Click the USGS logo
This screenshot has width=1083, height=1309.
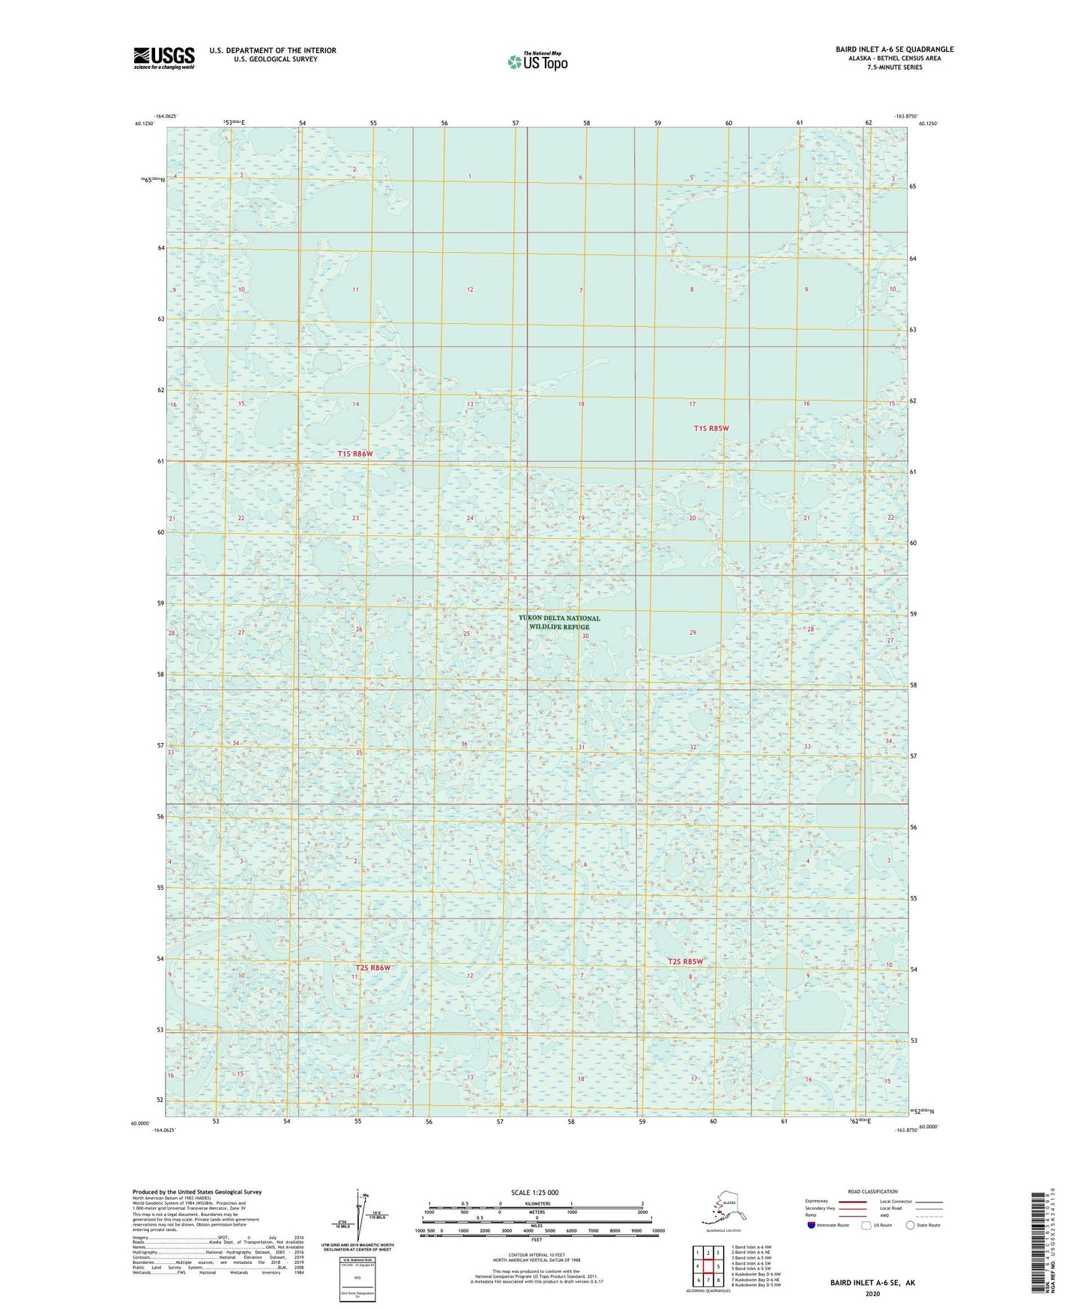tap(163, 58)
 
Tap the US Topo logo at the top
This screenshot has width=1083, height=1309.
tap(537, 61)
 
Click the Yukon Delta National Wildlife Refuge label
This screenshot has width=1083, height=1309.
tap(559, 622)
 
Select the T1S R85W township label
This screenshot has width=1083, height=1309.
tap(711, 428)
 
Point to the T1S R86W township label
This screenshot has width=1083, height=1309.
tap(355, 454)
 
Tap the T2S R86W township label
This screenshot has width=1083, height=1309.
tap(373, 967)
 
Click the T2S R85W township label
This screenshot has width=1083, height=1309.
tap(686, 961)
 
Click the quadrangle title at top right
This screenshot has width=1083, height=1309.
tap(894, 49)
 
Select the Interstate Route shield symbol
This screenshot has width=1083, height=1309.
tap(811, 1224)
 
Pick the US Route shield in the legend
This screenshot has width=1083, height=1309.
tap(867, 1225)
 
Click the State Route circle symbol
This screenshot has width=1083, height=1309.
tap(911, 1225)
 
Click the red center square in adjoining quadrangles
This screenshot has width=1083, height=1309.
tap(708, 1266)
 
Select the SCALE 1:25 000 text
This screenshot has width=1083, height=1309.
tap(534, 1192)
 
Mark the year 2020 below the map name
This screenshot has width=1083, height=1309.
tap(872, 1293)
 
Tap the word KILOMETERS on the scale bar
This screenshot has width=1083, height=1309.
tap(535, 1203)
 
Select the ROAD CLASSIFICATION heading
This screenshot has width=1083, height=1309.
tap(872, 1191)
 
